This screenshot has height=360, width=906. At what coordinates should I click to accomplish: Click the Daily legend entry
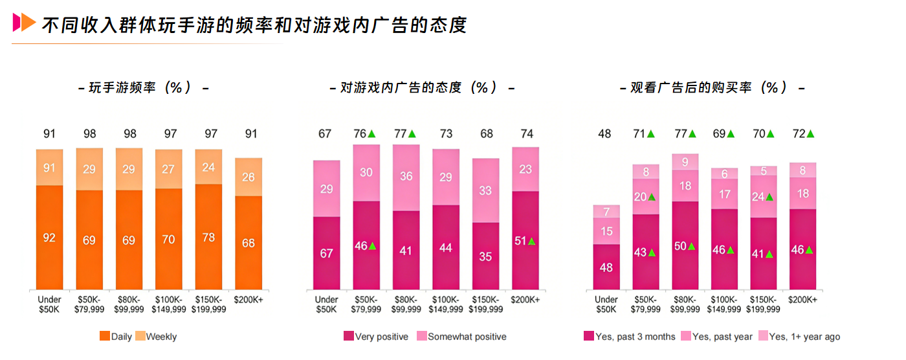tap(116, 337)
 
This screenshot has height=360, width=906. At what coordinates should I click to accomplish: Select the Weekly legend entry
tap(157, 337)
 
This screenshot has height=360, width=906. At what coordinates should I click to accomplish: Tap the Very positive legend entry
tap(377, 337)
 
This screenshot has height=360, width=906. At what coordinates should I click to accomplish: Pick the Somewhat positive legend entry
tap(461, 337)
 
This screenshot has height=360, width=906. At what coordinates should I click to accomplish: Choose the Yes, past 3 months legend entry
tap(630, 337)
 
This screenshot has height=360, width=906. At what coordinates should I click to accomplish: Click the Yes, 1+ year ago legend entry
tap(799, 337)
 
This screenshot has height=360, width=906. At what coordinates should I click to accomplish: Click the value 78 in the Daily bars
tap(208, 238)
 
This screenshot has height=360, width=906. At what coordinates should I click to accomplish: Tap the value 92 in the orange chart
tap(49, 238)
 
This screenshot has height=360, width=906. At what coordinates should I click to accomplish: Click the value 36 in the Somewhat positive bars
tap(406, 176)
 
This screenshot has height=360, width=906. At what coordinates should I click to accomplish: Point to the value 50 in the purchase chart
tap(681, 246)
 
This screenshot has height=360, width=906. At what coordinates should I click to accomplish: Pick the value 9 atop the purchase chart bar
tap(685, 162)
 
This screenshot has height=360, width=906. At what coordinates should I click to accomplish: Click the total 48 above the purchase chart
tap(604, 134)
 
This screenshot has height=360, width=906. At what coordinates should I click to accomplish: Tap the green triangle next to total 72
tap(810, 134)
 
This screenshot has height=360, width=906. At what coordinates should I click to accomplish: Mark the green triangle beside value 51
tap(532, 242)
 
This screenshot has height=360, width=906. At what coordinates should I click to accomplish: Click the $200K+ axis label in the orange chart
tap(249, 300)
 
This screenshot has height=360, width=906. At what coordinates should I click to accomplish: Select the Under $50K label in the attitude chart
tap(326, 304)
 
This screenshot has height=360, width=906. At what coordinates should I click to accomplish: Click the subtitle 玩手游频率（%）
tap(142, 87)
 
